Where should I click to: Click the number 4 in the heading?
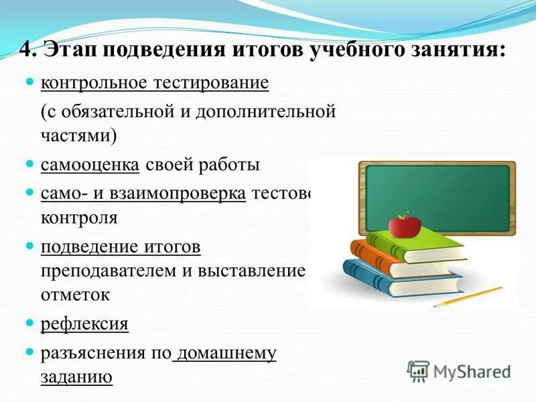(x=24, y=51)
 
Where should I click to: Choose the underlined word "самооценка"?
(x=90, y=165)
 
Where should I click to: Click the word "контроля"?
(x=79, y=218)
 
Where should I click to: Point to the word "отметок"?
(x=74, y=295)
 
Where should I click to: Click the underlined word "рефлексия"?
(x=84, y=324)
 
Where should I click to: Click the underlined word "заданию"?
(x=76, y=377)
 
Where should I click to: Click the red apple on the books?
(x=403, y=225)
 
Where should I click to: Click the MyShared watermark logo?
(x=459, y=371)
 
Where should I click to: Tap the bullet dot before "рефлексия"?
(x=29, y=324)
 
